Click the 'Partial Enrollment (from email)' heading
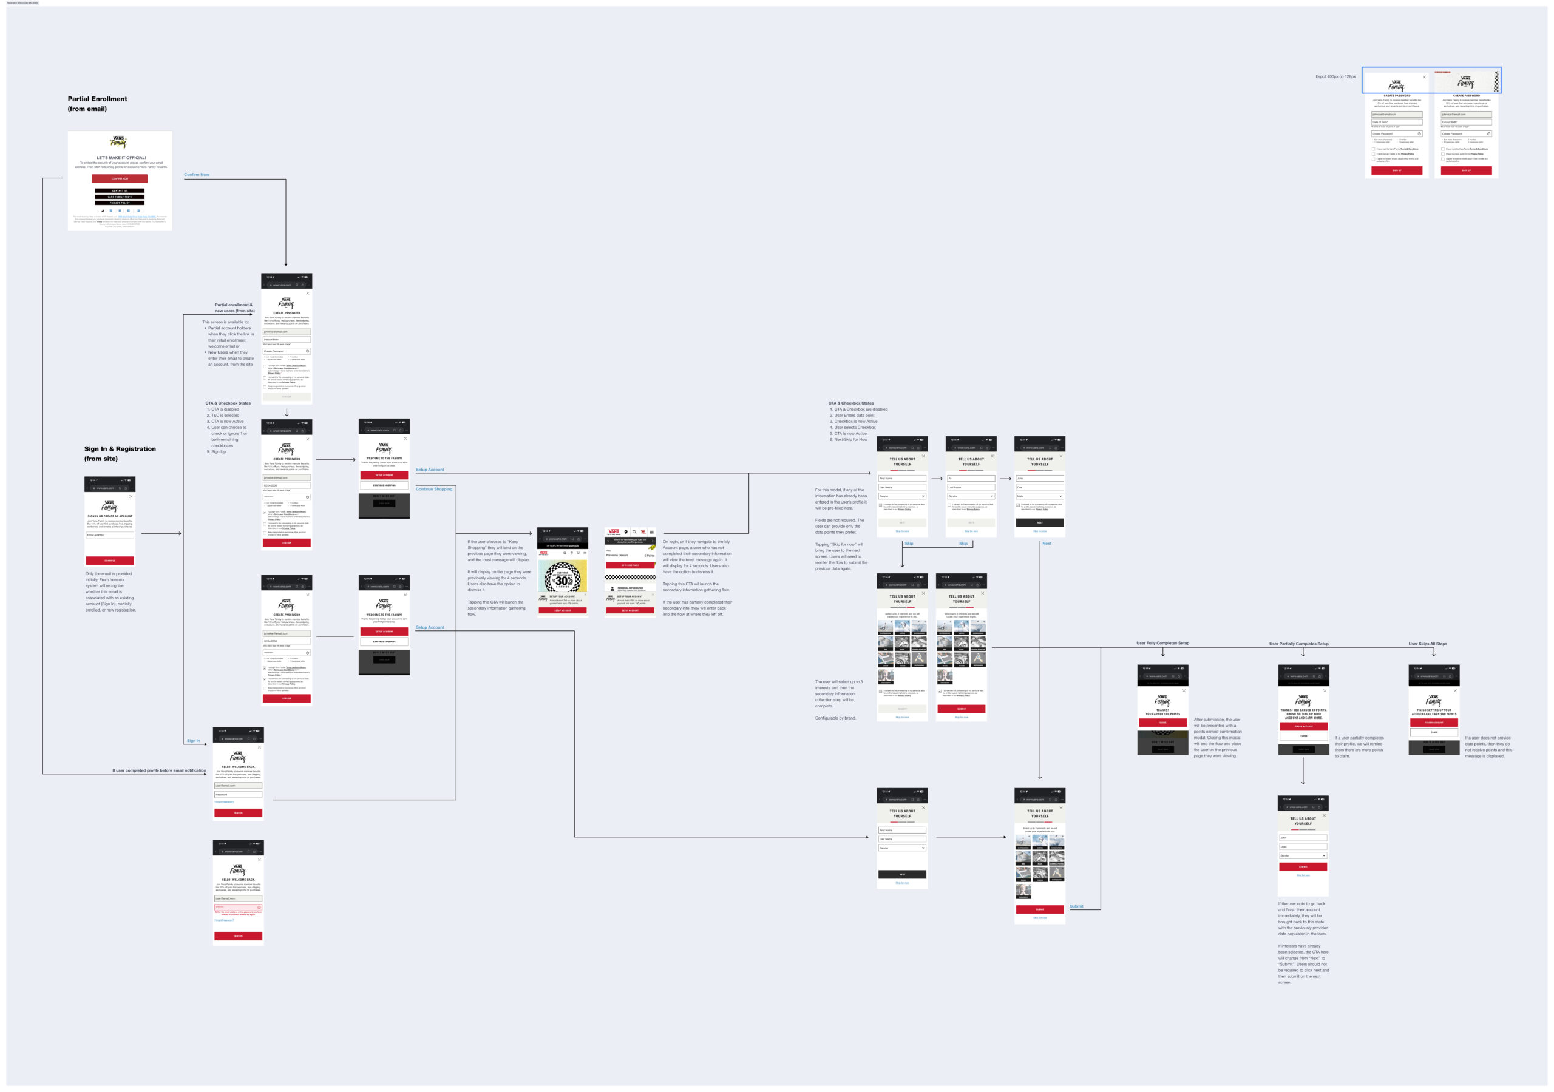click(x=98, y=104)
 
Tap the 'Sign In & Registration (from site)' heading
click(x=120, y=453)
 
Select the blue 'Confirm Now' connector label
click(x=196, y=175)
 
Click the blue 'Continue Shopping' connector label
click(x=434, y=488)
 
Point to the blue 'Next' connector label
click(x=1047, y=544)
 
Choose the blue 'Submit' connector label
click(x=1076, y=906)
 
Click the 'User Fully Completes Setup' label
click(x=1162, y=644)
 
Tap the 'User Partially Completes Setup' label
click(x=1298, y=644)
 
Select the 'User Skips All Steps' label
click(x=1427, y=644)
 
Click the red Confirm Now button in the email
click(x=120, y=178)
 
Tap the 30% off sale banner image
click(x=563, y=575)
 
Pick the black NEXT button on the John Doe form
click(x=1040, y=522)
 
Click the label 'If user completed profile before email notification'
click(x=159, y=770)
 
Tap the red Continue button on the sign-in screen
click(x=110, y=560)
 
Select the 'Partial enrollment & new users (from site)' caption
click(x=234, y=308)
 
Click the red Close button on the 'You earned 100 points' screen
click(x=1162, y=723)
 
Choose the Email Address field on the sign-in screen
click(x=110, y=535)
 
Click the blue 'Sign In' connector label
click(x=194, y=741)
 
